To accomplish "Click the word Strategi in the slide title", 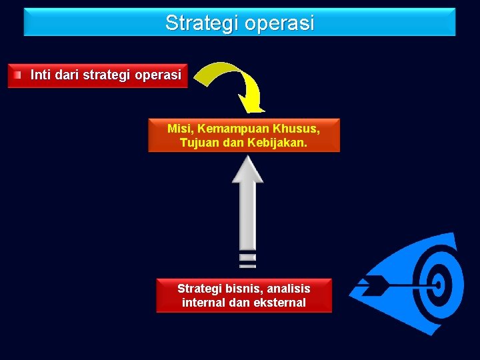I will point(202,23).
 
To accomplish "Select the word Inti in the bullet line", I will point(41,75).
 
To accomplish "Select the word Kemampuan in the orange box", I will point(233,128).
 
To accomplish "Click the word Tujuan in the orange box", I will point(197,143).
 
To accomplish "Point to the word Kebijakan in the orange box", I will point(278,143).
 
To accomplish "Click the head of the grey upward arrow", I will point(247,169).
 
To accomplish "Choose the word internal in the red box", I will point(205,303).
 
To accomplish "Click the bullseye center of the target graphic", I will point(439,285).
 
